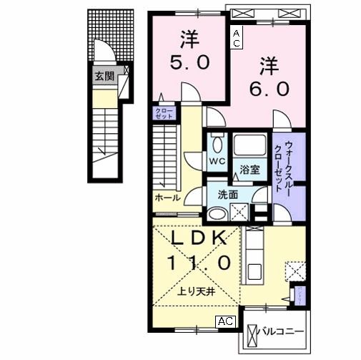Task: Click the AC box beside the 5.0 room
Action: pyautogui.click(x=236, y=39)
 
